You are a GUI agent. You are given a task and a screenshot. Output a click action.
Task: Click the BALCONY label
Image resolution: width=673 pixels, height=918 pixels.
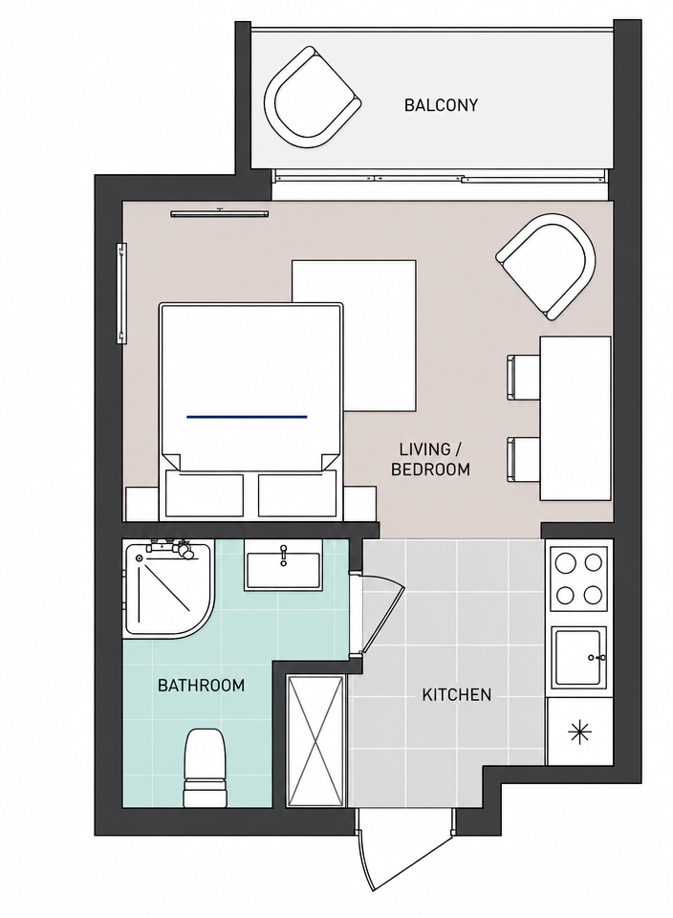tap(441, 105)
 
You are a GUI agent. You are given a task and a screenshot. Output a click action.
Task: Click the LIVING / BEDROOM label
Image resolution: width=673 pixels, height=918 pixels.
tap(430, 459)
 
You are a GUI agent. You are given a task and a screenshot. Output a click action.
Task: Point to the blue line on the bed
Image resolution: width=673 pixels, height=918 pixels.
tap(247, 417)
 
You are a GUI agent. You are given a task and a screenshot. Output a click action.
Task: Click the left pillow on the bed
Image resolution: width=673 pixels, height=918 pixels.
tap(205, 494)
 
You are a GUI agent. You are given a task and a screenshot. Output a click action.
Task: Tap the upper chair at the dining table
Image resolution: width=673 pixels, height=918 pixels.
tap(523, 378)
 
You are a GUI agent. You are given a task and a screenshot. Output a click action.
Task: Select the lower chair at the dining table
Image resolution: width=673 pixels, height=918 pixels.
tap(523, 460)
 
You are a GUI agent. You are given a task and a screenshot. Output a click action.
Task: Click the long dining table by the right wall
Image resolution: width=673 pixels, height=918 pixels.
tap(575, 418)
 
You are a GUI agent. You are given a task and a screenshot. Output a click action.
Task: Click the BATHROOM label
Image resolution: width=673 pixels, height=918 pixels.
tap(202, 685)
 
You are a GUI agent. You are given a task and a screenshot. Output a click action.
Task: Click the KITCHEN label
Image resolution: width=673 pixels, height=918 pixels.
tap(456, 695)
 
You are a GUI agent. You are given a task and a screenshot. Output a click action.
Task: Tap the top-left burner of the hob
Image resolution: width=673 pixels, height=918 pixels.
tap(565, 564)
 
